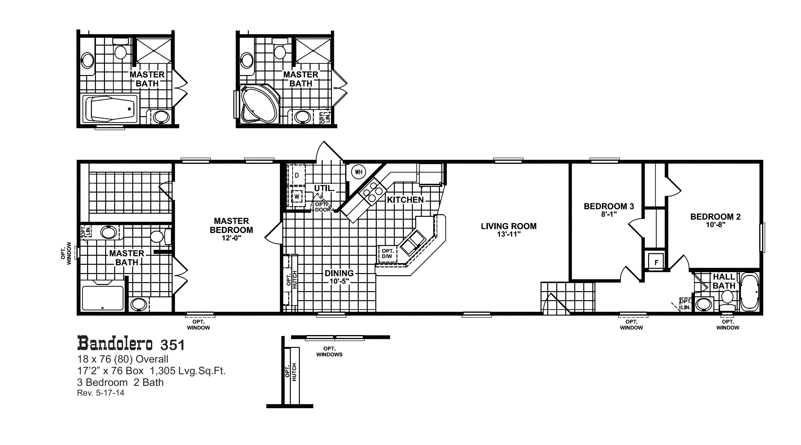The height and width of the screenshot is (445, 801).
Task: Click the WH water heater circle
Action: [358, 172]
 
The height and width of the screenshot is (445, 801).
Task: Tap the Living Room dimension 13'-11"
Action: [509, 234]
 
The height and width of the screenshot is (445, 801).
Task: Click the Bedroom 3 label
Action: [608, 206]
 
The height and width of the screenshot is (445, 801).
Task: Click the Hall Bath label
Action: [724, 281]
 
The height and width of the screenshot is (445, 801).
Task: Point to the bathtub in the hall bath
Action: [750, 292]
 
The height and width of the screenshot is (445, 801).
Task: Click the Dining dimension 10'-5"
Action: [339, 281]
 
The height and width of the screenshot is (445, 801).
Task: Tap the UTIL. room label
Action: [324, 188]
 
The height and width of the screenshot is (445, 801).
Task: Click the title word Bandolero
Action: [115, 344]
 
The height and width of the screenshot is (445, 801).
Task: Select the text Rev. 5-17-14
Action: [100, 393]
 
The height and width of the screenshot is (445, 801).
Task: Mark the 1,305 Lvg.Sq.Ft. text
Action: [188, 371]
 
